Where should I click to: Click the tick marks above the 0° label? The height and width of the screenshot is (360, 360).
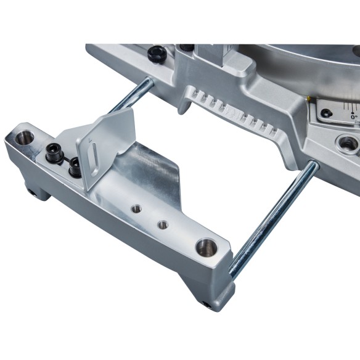(351, 106)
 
